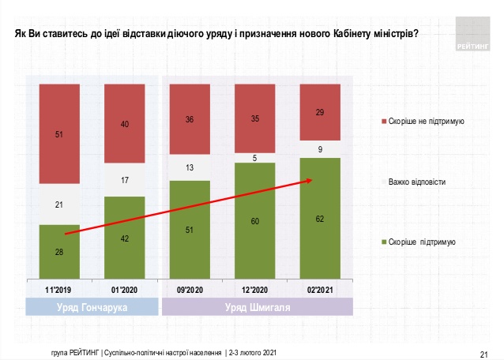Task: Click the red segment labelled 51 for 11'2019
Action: pyautogui.click(x=59, y=134)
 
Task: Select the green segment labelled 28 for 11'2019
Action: pyautogui.click(x=59, y=251)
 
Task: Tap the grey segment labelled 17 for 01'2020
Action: pyautogui.click(x=124, y=180)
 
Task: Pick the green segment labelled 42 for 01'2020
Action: pyautogui.click(x=124, y=237)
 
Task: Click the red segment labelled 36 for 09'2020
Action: pyautogui.click(x=190, y=119)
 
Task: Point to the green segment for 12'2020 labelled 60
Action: pyautogui.click(x=254, y=221)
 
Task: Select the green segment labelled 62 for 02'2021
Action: pyautogui.click(x=320, y=218)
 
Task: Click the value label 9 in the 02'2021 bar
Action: pyautogui.click(x=320, y=149)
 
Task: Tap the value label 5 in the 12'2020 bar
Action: pyautogui.click(x=254, y=158)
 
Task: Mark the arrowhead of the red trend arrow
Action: pyautogui.click(x=312, y=180)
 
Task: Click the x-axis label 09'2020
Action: pyautogui.click(x=190, y=289)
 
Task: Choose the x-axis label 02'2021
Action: pyautogui.click(x=320, y=289)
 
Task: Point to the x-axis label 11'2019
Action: pyautogui.click(x=59, y=289)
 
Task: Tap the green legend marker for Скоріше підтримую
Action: pyautogui.click(x=383, y=242)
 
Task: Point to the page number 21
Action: pyautogui.click(x=485, y=352)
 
